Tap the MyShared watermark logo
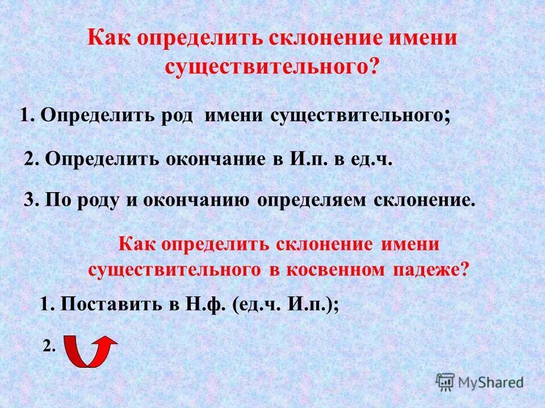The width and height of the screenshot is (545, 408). pyautogui.click(x=480, y=382)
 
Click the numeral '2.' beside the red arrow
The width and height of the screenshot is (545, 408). pyautogui.click(x=49, y=347)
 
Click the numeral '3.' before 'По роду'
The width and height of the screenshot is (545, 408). pyautogui.click(x=32, y=200)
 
